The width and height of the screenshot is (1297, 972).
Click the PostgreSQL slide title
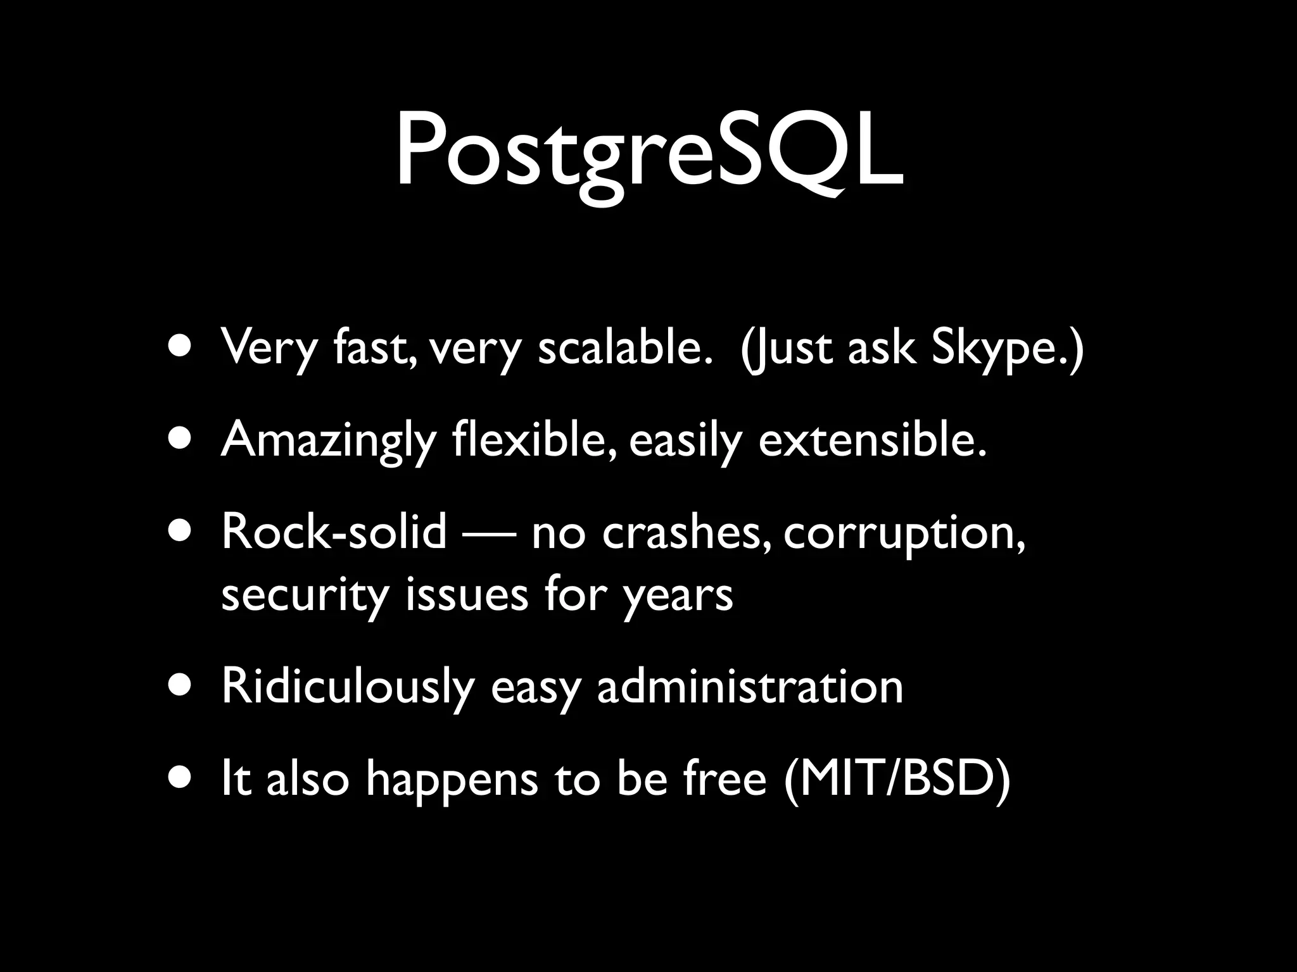coord(648,152)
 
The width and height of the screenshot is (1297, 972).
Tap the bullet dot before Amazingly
coord(180,439)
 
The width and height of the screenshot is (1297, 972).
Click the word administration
coord(750,687)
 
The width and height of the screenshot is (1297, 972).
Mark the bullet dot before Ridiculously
coord(180,687)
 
